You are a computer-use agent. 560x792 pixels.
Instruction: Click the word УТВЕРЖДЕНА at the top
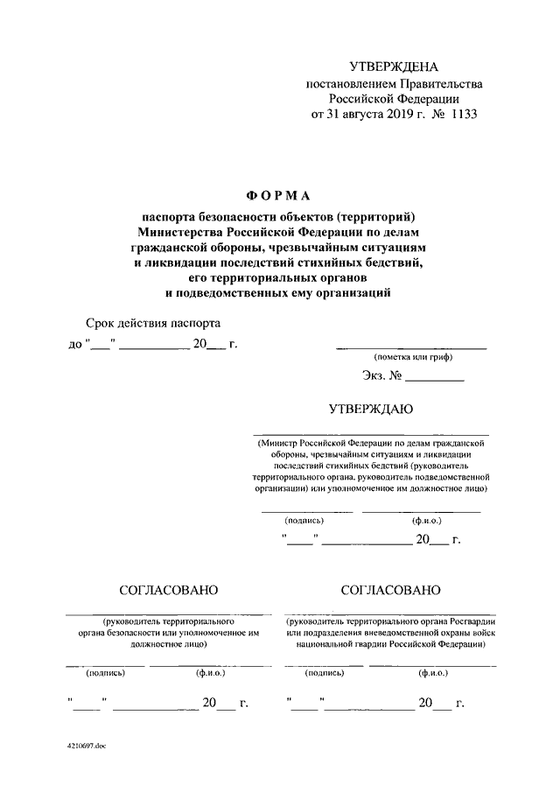tap(393, 67)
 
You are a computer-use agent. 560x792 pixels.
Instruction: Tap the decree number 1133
tap(465, 115)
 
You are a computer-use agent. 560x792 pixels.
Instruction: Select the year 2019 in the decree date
tap(402, 115)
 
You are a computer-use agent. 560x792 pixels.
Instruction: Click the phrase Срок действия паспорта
tap(149, 324)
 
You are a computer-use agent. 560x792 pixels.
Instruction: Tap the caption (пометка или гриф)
tap(411, 358)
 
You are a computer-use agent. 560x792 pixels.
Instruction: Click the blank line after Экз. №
tap(434, 379)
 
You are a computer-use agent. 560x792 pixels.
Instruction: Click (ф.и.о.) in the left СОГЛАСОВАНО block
tap(210, 674)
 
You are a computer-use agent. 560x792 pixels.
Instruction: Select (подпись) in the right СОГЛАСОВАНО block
tap(323, 674)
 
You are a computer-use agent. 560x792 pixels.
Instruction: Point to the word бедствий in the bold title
tap(388, 262)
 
